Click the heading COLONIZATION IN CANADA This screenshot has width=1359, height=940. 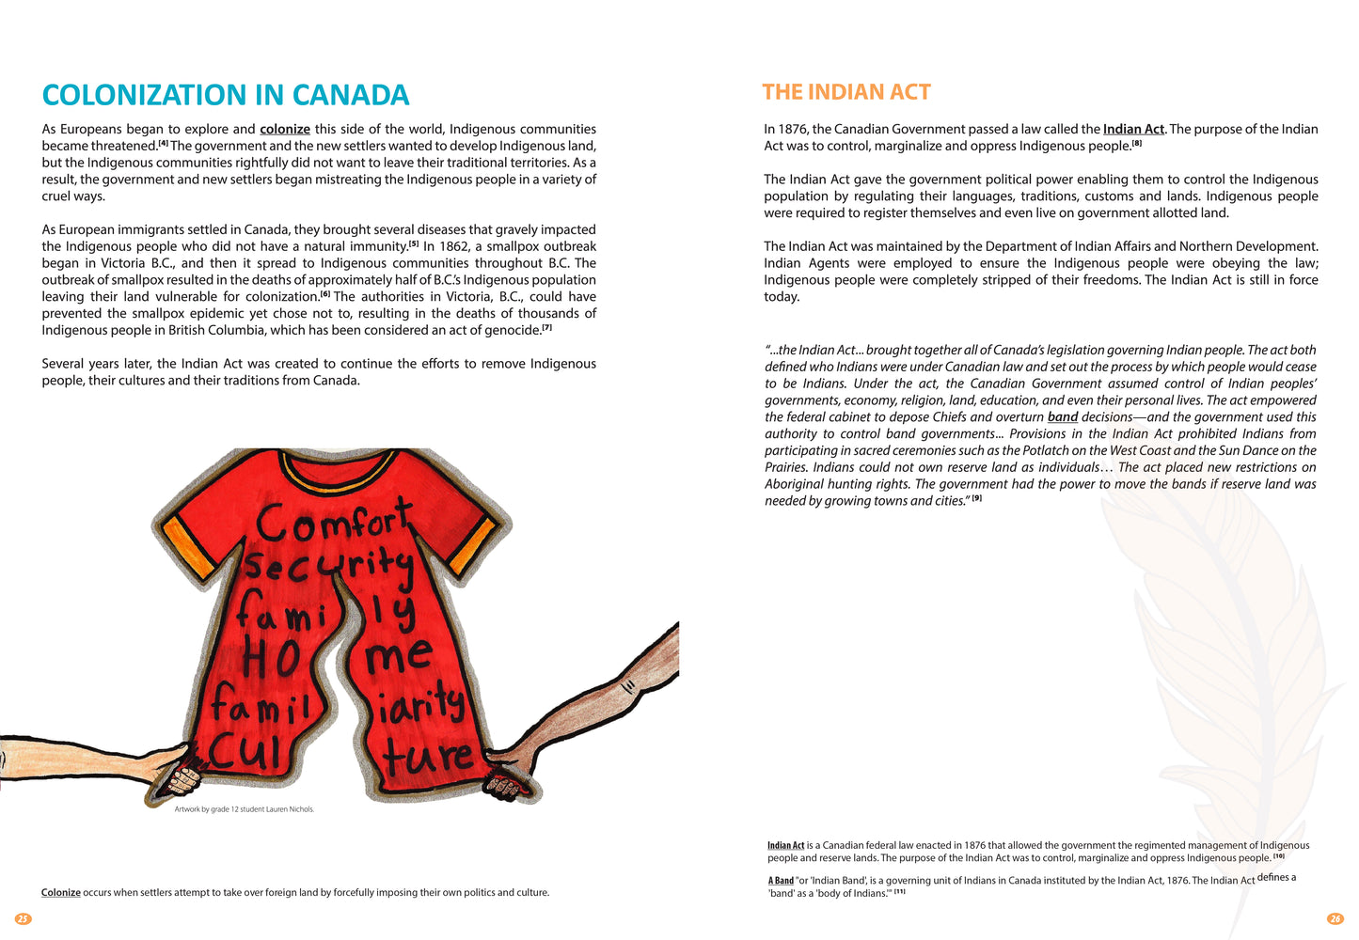(x=226, y=95)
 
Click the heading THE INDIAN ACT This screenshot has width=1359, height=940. (x=845, y=92)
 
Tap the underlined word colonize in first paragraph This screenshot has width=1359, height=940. (x=285, y=130)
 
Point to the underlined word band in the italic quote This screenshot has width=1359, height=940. (x=1063, y=417)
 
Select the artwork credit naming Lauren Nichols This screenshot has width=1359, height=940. (x=245, y=809)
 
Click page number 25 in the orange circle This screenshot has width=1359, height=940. (x=24, y=919)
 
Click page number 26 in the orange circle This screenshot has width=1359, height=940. (x=1335, y=919)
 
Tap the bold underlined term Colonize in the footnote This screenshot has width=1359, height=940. (x=61, y=893)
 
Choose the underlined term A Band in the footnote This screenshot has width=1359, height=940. (x=781, y=881)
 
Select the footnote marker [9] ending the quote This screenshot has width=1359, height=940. (x=977, y=499)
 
